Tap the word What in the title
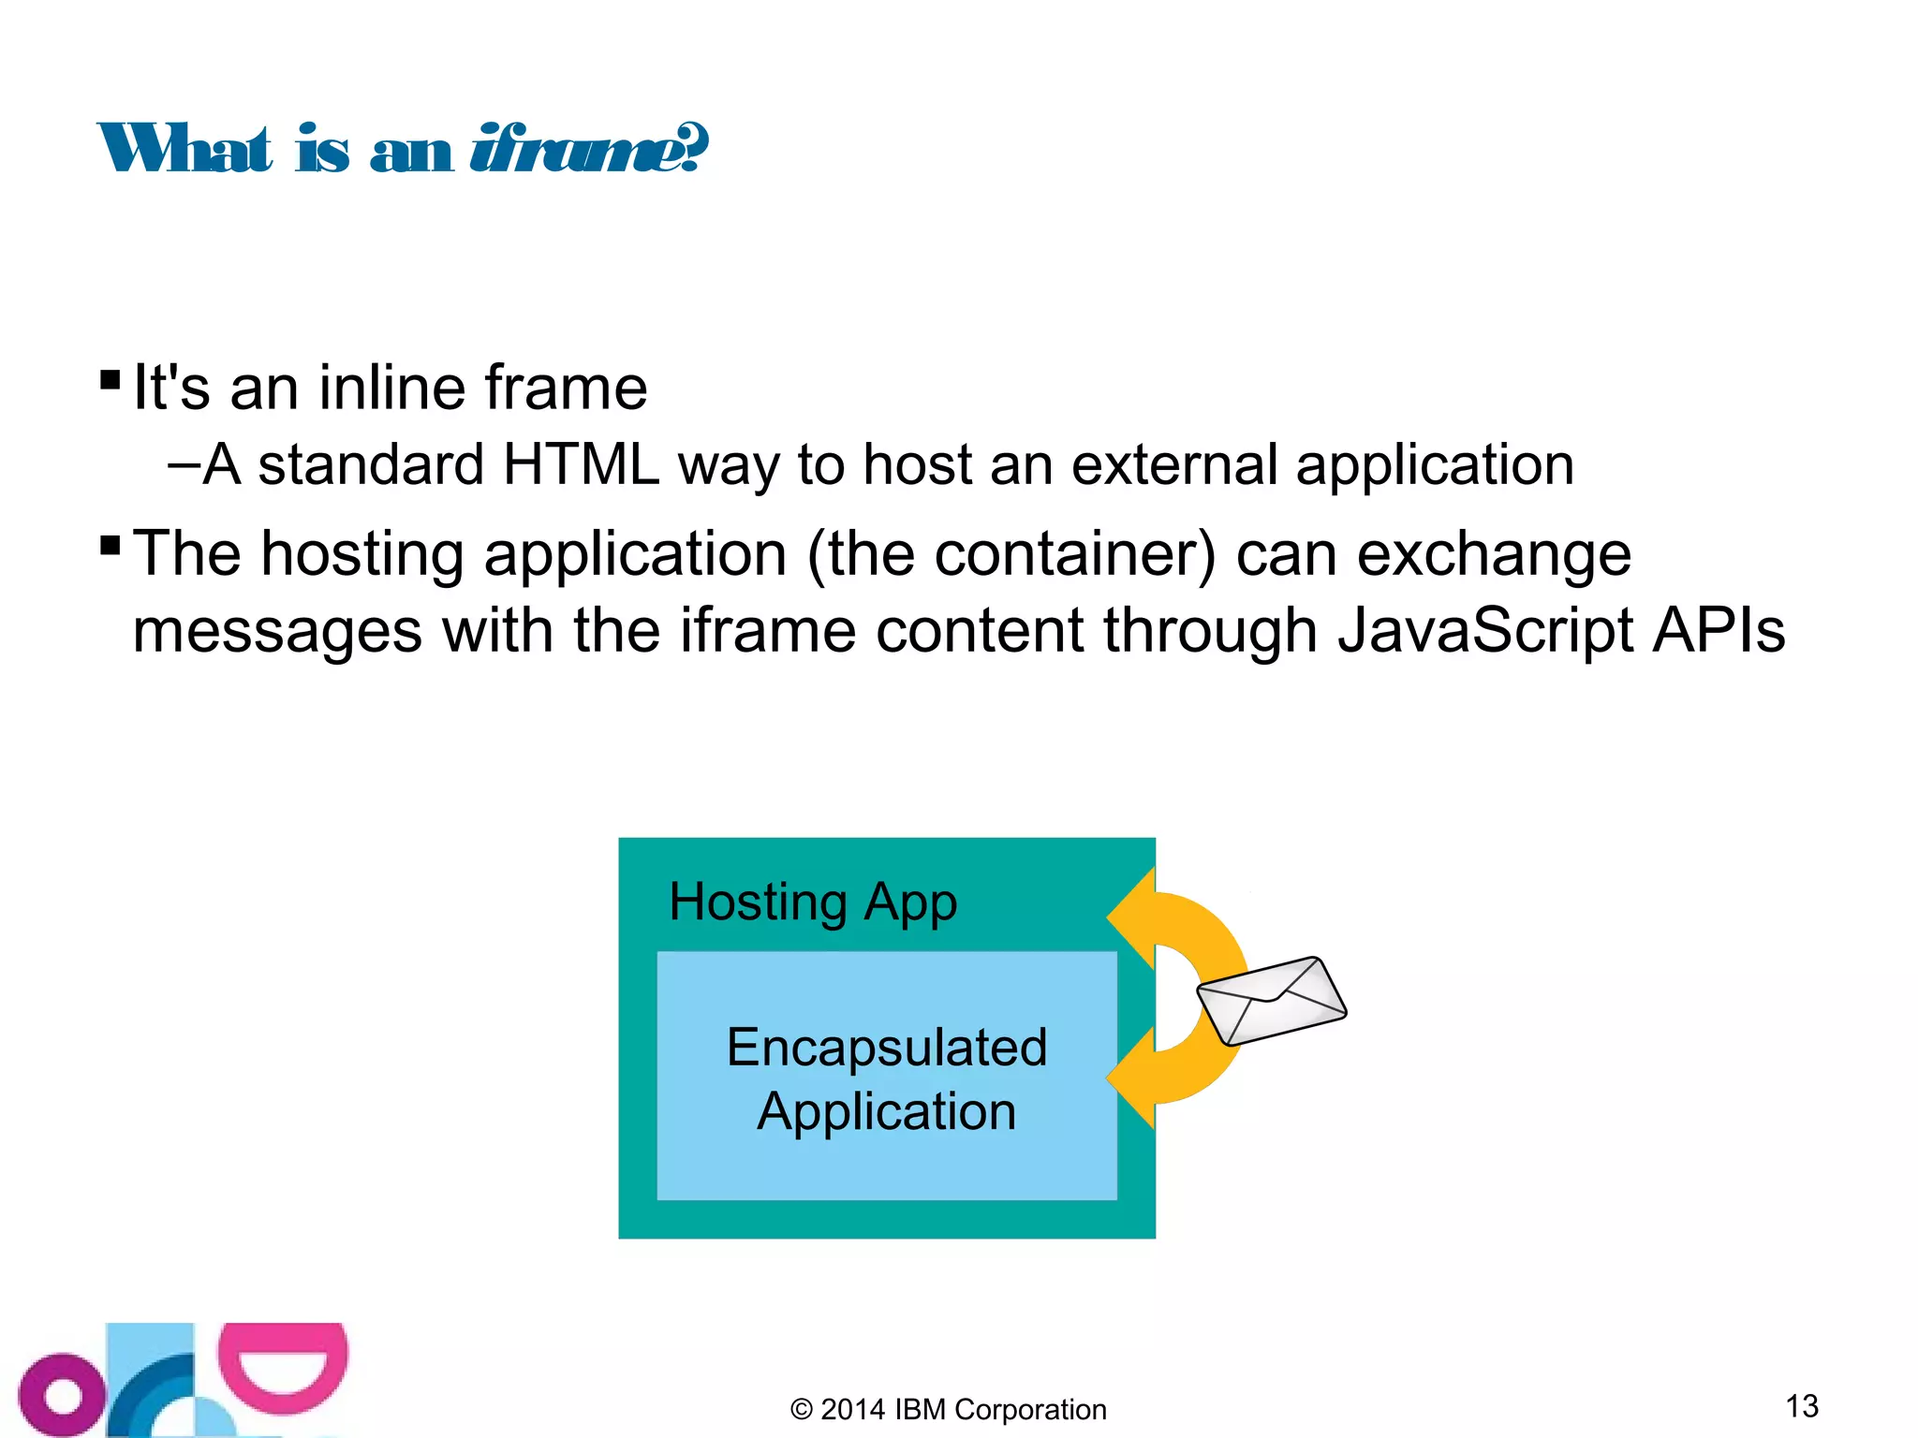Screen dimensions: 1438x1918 click(x=185, y=150)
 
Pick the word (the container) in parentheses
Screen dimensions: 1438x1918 click(x=1011, y=554)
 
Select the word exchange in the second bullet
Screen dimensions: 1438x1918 click(x=1494, y=554)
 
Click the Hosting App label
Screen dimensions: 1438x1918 click(x=813, y=902)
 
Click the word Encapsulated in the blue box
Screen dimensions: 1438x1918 click(x=886, y=1047)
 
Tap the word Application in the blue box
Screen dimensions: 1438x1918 click(x=886, y=1111)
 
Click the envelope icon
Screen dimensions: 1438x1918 click(x=1272, y=1000)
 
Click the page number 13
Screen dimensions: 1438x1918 click(x=1802, y=1405)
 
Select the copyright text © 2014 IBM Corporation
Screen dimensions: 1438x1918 click(x=948, y=1409)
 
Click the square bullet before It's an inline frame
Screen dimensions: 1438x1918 click(x=110, y=380)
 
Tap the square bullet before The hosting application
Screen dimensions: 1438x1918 click(x=110, y=545)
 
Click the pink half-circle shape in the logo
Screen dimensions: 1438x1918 click(x=283, y=1367)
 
